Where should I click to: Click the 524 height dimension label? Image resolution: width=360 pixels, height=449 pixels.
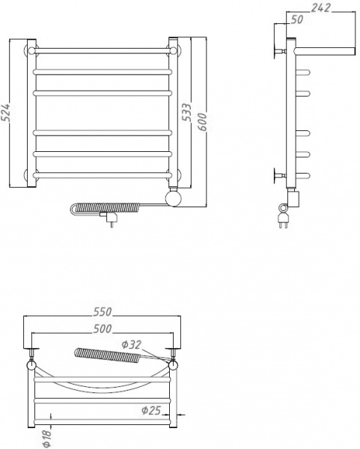point(7,112)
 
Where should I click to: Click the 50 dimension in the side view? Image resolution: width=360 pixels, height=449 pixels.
point(297,20)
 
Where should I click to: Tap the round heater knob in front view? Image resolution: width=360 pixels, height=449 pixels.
point(173,198)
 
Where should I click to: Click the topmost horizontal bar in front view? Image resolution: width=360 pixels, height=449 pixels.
point(102,51)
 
